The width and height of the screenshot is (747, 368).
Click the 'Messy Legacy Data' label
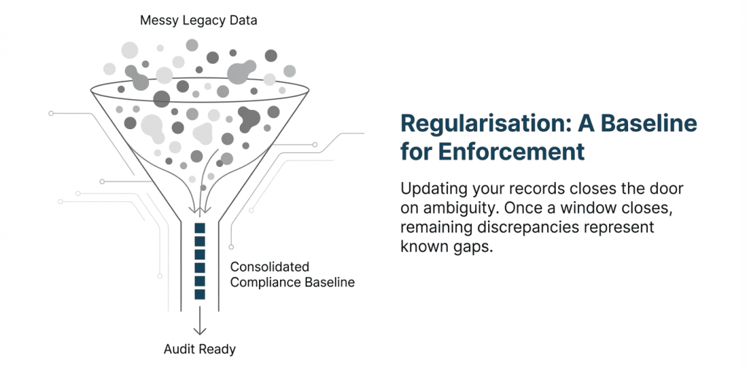198,21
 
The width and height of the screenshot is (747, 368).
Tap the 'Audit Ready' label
200,350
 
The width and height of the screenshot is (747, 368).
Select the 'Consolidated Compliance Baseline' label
293,274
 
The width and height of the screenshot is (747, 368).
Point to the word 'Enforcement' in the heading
511,151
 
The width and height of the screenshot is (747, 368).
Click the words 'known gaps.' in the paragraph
446,248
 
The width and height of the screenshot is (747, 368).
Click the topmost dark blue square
200,228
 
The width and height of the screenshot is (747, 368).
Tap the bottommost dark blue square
200,294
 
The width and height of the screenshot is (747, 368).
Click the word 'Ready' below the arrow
219,350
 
